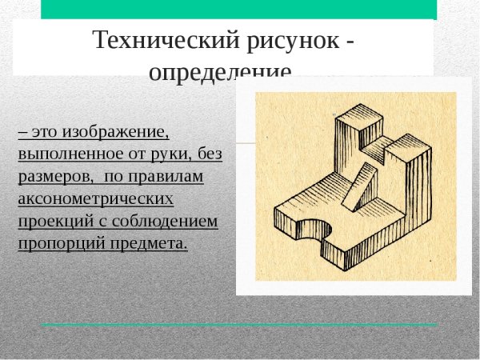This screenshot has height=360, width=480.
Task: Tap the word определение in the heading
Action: point(221,72)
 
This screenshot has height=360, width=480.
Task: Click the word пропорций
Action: point(56,242)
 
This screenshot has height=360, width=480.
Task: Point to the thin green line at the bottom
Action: point(240,324)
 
